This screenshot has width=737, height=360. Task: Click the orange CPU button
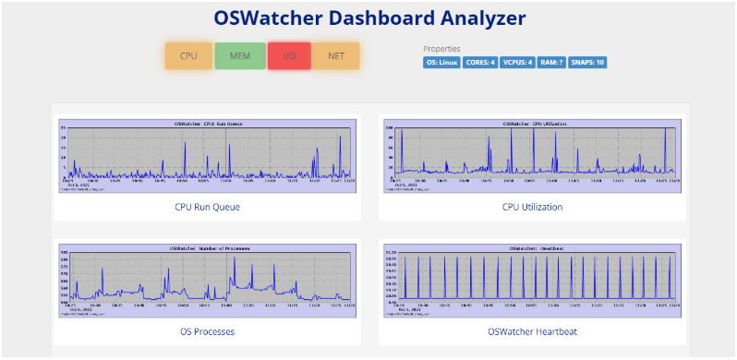(188, 55)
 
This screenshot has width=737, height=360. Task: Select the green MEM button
(239, 55)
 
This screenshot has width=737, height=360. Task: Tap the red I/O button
(289, 55)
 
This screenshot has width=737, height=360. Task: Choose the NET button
(336, 55)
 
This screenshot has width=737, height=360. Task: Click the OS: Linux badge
(441, 63)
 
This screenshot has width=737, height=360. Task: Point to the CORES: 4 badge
(479, 63)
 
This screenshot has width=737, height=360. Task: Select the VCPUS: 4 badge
(518, 63)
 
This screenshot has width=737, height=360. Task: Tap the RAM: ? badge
(552, 63)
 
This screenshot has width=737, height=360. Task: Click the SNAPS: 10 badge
(587, 63)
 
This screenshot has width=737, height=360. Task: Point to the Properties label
(441, 49)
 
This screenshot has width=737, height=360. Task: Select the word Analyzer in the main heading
(481, 18)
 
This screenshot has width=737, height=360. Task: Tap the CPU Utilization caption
(532, 207)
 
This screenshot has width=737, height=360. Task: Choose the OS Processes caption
(207, 331)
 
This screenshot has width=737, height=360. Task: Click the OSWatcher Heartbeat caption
(532, 331)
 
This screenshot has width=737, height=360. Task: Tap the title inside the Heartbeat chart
(532, 248)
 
